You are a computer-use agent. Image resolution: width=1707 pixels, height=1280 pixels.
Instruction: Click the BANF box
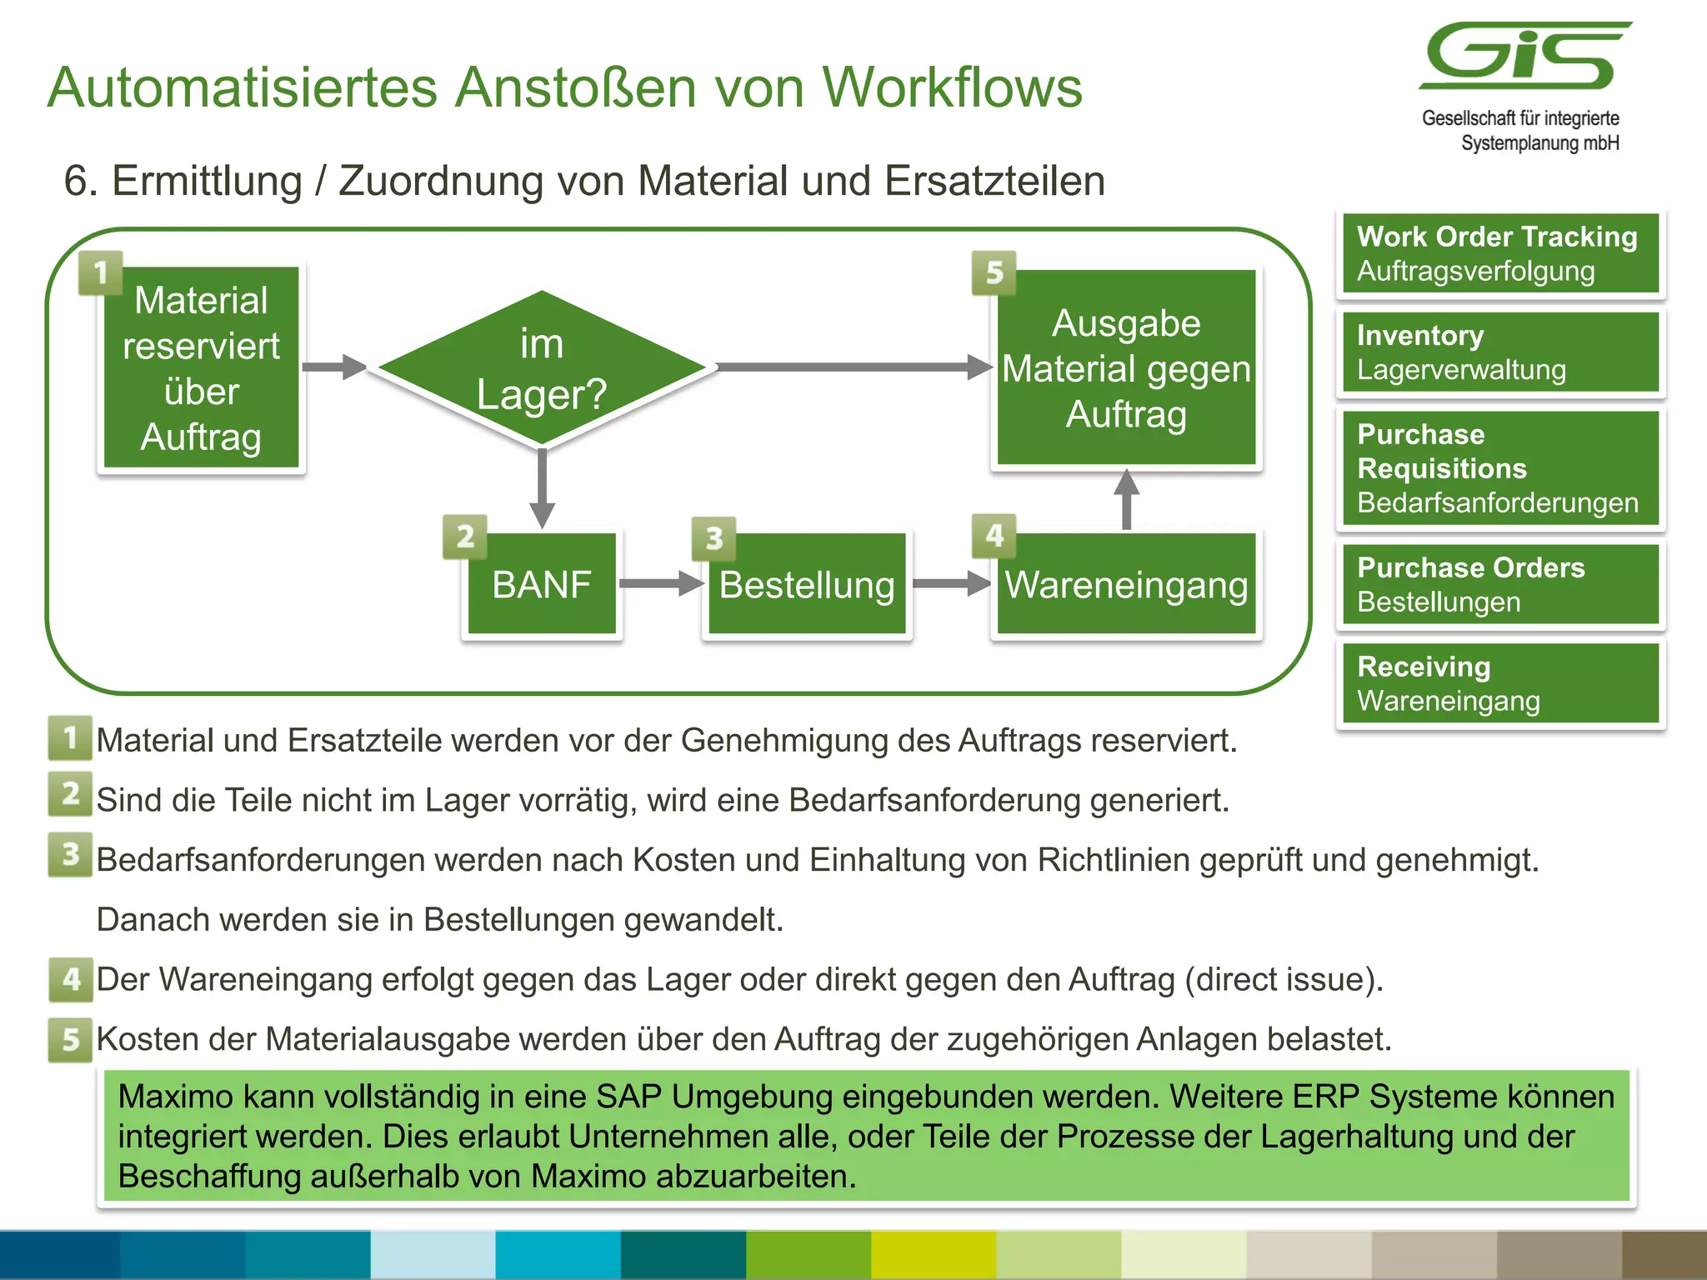click(x=542, y=583)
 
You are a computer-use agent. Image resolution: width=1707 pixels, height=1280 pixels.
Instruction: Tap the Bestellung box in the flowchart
click(x=807, y=583)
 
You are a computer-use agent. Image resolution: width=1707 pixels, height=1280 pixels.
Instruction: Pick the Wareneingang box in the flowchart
click(x=1126, y=583)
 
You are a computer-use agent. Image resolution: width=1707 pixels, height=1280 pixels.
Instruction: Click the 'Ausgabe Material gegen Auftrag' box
click(x=1126, y=367)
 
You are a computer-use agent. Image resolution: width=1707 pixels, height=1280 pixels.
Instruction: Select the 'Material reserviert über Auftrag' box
click(x=201, y=367)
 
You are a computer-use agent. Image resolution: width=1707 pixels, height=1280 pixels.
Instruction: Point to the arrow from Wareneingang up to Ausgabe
click(x=1126, y=498)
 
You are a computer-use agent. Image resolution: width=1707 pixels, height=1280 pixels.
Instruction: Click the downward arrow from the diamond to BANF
click(x=542, y=488)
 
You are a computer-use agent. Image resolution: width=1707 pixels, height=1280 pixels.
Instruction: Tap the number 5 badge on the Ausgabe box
click(x=994, y=272)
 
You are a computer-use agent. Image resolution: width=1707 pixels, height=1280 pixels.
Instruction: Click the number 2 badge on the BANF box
click(x=465, y=536)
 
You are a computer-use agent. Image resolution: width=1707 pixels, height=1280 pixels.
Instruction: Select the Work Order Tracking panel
click(x=1499, y=253)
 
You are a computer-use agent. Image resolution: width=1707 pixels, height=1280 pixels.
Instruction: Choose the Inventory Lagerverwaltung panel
click(x=1499, y=352)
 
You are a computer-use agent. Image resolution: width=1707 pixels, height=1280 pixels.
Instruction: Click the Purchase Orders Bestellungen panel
click(x=1499, y=583)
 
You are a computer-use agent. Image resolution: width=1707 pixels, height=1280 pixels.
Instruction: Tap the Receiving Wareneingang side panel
click(x=1499, y=682)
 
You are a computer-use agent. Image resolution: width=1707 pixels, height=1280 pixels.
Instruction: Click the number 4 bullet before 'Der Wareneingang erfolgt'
click(x=70, y=979)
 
